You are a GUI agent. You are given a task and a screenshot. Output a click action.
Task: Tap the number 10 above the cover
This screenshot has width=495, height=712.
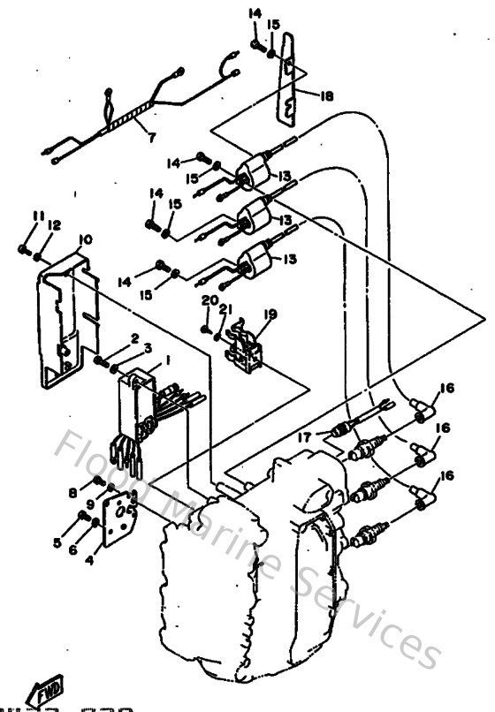click(x=85, y=240)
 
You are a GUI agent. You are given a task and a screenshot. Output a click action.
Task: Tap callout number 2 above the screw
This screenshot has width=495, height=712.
click(x=135, y=338)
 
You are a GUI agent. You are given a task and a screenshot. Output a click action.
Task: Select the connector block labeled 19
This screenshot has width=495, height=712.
click(x=246, y=343)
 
